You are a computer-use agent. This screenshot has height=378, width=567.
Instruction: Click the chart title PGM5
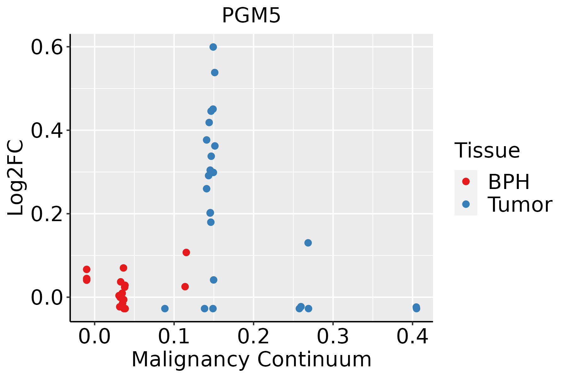pyautogui.click(x=251, y=16)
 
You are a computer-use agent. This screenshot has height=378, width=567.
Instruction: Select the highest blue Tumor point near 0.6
pyautogui.click(x=213, y=47)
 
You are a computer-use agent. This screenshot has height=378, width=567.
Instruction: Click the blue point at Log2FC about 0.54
pyautogui.click(x=215, y=72)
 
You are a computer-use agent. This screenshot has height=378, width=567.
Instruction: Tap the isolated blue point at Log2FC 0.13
pyautogui.click(x=308, y=243)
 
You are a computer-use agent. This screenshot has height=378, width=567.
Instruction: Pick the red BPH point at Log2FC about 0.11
pyautogui.click(x=186, y=252)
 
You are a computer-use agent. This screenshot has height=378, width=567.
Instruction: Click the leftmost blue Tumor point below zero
pyautogui.click(x=165, y=308)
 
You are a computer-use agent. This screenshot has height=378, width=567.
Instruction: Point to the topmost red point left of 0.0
pyautogui.click(x=87, y=269)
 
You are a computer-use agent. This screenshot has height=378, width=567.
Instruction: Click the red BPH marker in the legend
pyautogui.click(x=466, y=181)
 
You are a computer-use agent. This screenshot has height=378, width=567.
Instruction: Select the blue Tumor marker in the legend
pyautogui.click(x=466, y=204)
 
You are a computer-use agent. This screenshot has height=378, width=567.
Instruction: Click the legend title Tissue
pyautogui.click(x=487, y=151)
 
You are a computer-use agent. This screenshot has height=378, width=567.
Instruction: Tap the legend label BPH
pyautogui.click(x=509, y=182)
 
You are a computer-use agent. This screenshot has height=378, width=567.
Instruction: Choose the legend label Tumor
pyautogui.click(x=520, y=205)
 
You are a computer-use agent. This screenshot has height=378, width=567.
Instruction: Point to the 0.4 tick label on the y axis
pyautogui.click(x=46, y=130)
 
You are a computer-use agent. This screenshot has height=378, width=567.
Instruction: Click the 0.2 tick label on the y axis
pyautogui.click(x=46, y=214)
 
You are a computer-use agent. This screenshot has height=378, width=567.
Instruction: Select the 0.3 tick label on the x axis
pyautogui.click(x=333, y=336)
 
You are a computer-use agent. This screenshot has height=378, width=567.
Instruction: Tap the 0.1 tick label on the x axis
pyautogui.click(x=174, y=336)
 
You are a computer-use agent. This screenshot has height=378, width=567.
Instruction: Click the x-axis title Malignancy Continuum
pyautogui.click(x=251, y=359)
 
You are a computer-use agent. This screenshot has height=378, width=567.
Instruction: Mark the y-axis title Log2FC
pyautogui.click(x=16, y=178)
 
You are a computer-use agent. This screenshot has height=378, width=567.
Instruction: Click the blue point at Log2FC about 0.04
pyautogui.click(x=214, y=280)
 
